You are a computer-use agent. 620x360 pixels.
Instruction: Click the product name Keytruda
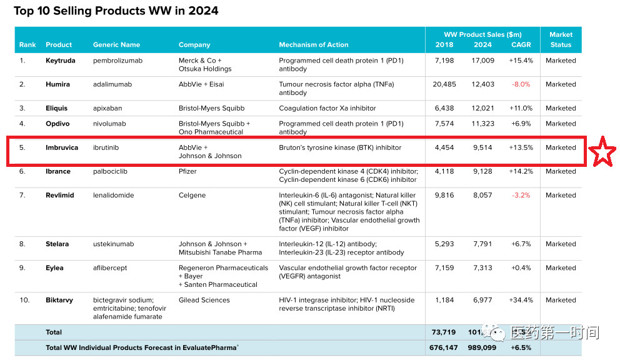(x=61, y=61)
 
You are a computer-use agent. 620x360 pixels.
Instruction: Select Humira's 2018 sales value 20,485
(x=444, y=84)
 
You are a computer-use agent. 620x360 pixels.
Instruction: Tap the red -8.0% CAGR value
(x=521, y=84)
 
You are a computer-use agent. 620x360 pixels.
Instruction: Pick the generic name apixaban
(x=107, y=108)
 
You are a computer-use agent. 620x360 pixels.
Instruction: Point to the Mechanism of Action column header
(x=314, y=45)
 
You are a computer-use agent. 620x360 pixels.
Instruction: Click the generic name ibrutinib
(x=106, y=147)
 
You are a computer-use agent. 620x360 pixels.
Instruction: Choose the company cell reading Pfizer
(x=187, y=171)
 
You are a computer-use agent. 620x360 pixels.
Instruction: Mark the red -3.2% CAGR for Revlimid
(x=521, y=195)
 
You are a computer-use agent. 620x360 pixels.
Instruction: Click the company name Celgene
(x=192, y=195)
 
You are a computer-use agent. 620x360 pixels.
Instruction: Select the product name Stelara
(x=57, y=244)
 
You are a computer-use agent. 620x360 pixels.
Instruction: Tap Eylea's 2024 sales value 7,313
(x=482, y=268)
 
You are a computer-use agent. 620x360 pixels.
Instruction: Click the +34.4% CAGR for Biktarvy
(x=521, y=300)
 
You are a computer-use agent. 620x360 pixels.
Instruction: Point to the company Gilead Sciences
(x=204, y=300)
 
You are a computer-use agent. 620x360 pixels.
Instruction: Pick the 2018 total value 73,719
(x=444, y=332)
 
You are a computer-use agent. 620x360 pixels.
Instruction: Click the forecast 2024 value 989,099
(x=482, y=347)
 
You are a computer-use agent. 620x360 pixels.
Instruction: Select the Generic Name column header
(x=116, y=45)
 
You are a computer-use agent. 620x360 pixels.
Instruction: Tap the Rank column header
(x=27, y=45)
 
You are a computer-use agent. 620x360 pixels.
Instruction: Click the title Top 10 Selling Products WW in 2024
(x=116, y=11)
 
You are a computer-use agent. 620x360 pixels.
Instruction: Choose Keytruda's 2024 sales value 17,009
(x=482, y=61)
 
